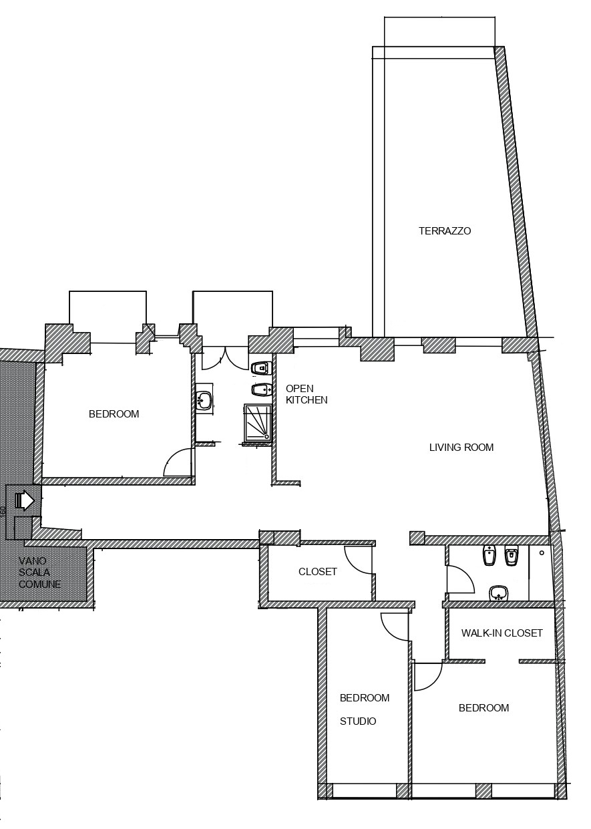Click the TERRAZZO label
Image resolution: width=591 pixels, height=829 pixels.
click(445, 231)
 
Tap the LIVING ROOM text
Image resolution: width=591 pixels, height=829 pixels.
click(461, 448)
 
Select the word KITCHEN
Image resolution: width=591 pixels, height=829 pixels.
click(307, 400)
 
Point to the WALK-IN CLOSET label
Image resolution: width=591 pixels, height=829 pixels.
click(502, 633)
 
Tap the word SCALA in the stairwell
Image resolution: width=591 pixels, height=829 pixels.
click(34, 572)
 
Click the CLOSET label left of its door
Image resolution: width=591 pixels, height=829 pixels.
click(317, 571)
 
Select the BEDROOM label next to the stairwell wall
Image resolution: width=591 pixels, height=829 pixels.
click(114, 413)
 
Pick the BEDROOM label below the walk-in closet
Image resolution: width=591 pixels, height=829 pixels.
click(483, 707)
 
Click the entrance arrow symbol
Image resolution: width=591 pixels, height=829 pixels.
click(25, 501)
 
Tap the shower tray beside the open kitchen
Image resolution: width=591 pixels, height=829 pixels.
click(258, 422)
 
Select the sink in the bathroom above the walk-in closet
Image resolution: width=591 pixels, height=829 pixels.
click(498, 593)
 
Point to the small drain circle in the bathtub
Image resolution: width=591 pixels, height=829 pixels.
click(542, 553)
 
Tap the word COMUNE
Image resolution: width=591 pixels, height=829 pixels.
click(40, 584)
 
